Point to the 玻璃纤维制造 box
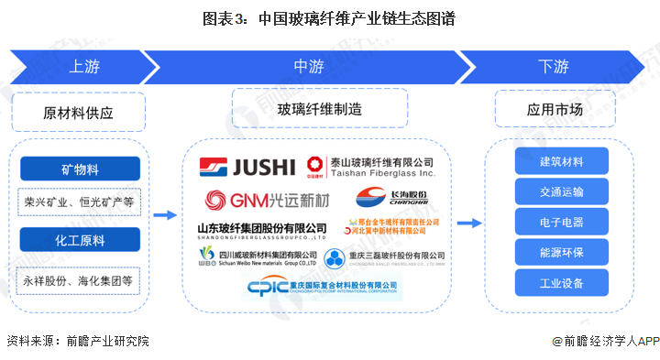click(x=319, y=109)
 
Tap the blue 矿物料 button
click(x=81, y=169)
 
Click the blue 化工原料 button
click(x=81, y=241)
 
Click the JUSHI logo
click(x=248, y=168)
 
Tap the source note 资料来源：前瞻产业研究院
click(x=77, y=341)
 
